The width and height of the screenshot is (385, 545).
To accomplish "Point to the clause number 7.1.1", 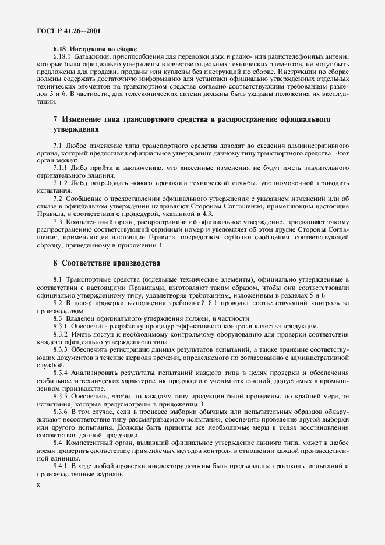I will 62,167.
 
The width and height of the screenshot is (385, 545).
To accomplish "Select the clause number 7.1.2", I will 62,183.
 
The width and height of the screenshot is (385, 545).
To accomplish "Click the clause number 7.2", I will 59,199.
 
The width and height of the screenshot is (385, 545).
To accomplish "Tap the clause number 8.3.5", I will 62,396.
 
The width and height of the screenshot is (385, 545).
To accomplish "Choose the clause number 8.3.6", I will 62,412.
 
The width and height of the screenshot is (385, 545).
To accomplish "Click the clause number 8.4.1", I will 62,466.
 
